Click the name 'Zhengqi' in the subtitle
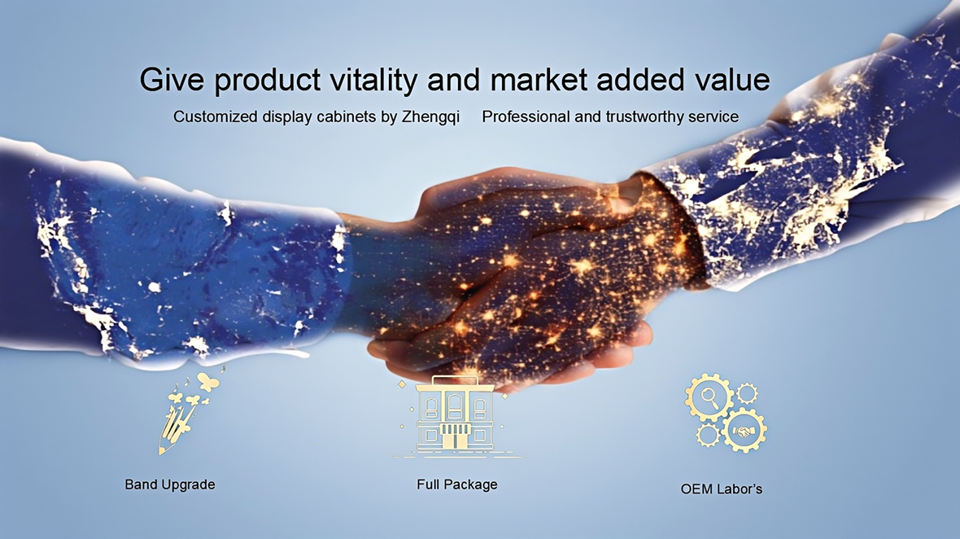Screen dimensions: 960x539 (x=430, y=117)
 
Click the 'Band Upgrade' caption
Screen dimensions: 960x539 (x=170, y=484)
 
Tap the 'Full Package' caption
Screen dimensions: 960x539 (x=457, y=484)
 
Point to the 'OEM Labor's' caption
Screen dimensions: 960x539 (x=722, y=489)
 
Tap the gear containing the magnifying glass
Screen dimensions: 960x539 (x=709, y=397)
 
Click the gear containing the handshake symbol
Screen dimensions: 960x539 (x=744, y=431)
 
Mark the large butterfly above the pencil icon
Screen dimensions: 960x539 (x=208, y=382)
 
